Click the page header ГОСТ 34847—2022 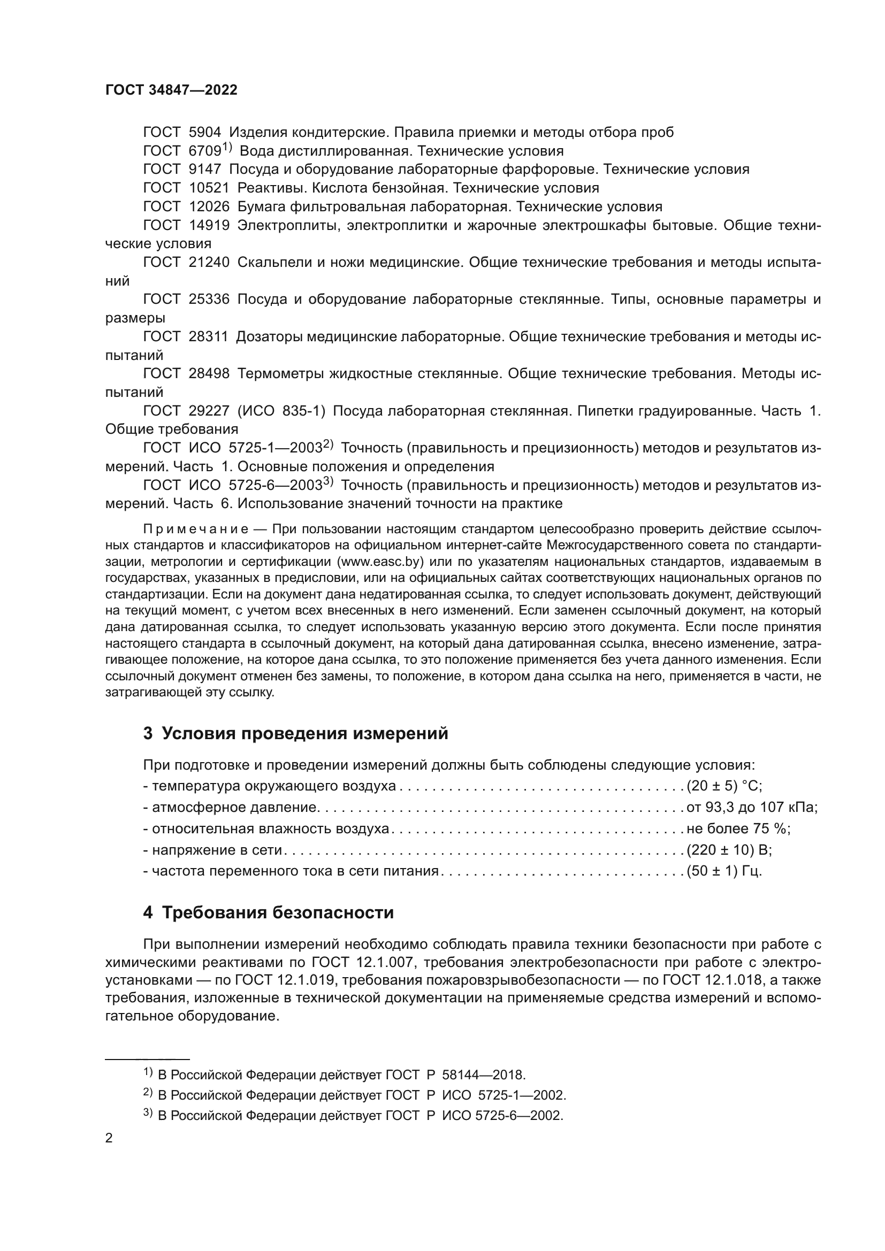171,90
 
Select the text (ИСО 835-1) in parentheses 281,411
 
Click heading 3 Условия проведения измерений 295,733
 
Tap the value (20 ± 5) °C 724,786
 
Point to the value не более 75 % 738,828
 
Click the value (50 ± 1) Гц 724,871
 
